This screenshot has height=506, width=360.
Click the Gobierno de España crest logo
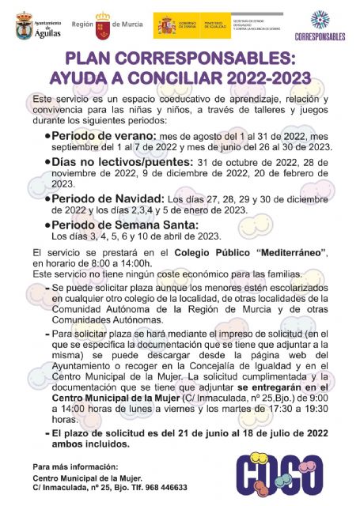(x=167, y=25)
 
